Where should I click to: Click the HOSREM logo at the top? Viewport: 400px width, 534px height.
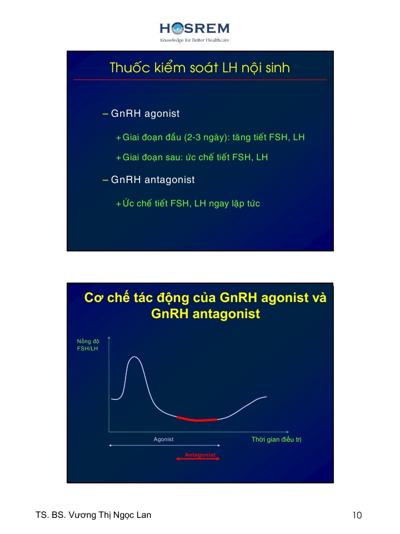[194, 28]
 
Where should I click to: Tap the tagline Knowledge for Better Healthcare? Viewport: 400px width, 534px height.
[194, 40]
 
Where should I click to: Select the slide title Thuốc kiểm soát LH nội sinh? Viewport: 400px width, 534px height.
[199, 68]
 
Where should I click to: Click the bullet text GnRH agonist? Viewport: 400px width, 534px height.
[145, 113]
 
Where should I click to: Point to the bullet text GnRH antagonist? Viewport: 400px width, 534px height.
[153, 180]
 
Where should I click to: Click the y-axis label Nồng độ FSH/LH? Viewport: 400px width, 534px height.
[88, 345]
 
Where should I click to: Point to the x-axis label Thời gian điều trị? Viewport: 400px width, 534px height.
[276, 439]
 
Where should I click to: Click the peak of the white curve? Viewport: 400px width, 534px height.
[134, 357]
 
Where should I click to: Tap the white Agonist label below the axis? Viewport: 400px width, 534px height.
[163, 439]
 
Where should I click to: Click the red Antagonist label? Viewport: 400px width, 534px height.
[200, 454]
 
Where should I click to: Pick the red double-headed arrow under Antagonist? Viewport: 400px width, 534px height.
[198, 459]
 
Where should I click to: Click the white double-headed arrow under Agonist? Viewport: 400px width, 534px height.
[164, 445]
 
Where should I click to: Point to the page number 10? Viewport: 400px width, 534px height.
[357, 515]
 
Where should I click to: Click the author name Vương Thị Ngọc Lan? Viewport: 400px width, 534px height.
[110, 515]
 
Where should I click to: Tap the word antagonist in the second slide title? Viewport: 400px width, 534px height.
[226, 314]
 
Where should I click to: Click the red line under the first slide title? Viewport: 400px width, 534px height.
[200, 80]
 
